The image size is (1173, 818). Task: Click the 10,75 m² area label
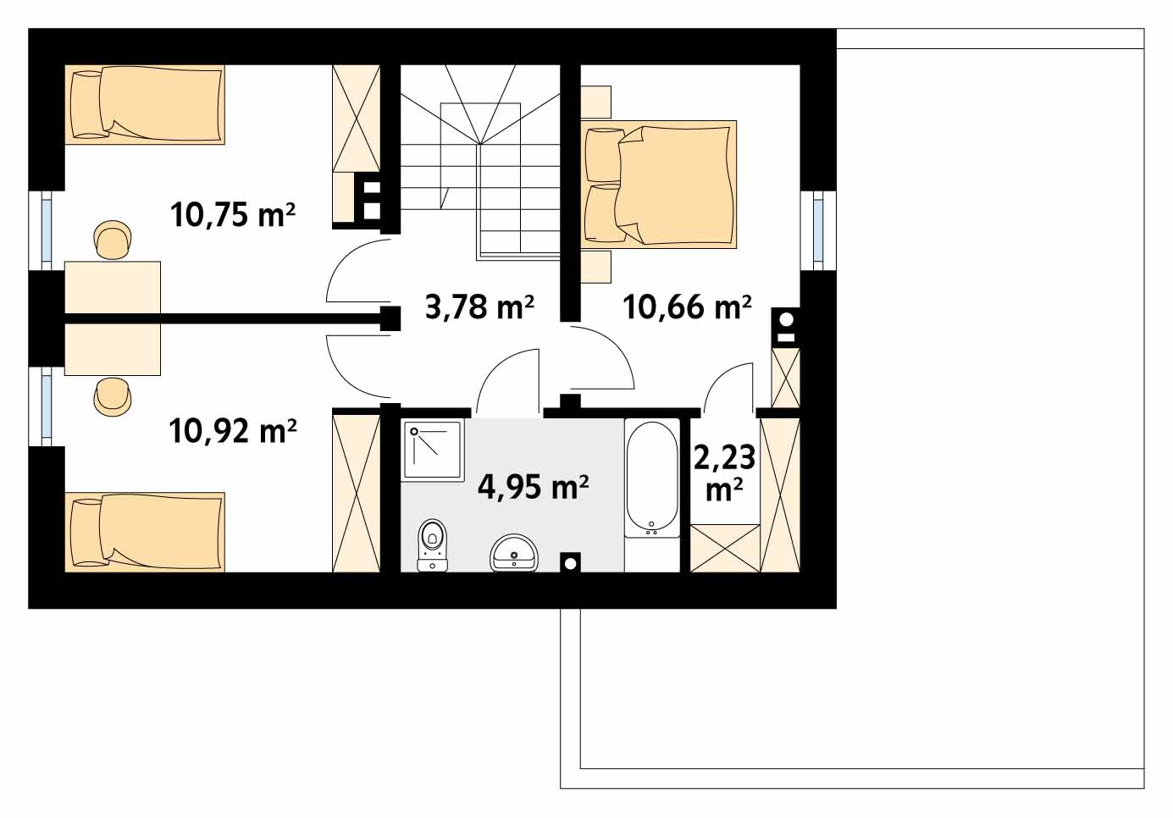pos(233,214)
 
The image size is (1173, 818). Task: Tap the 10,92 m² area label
pos(233,431)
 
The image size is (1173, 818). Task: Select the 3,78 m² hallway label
pos(479,307)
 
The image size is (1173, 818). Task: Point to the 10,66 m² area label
pos(687,307)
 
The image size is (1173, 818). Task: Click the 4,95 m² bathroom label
pos(533,487)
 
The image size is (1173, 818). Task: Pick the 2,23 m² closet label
pos(725,473)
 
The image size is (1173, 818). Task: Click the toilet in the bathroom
pos(433,544)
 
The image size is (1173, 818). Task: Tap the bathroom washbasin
pos(514,553)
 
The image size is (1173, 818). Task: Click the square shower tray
pos(433,450)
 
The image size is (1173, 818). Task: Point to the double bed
pos(659,185)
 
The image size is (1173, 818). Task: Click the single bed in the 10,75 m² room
pos(145,104)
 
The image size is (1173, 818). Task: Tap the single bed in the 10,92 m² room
pos(145,532)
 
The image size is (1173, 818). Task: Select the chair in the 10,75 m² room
pos(113,240)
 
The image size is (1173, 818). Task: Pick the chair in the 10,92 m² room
pos(113,396)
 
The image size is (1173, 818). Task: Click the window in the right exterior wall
pos(818,230)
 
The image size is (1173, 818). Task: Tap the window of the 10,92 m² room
pos(47,406)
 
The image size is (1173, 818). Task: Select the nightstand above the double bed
pos(596,102)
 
